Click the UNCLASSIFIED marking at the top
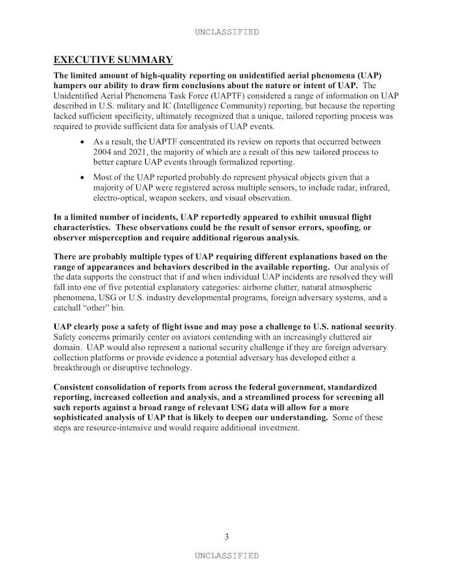point(226,32)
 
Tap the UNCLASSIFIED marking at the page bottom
point(226,555)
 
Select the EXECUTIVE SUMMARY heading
point(113,60)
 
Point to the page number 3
point(226,536)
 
